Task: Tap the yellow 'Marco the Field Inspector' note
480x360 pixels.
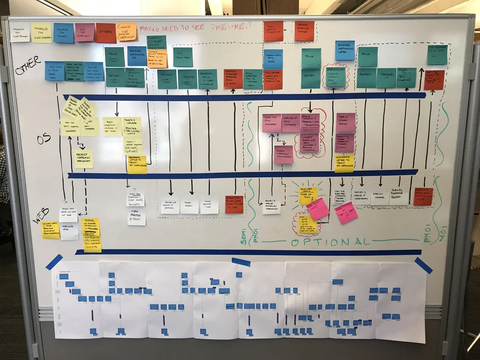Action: coord(41,33)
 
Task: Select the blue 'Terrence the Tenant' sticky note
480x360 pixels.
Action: coord(63,33)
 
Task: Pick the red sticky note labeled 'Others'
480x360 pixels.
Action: coord(106,33)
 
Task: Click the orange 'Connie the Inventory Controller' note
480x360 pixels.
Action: coord(126,32)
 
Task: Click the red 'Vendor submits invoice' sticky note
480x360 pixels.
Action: coord(304,31)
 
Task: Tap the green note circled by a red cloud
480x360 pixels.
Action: coord(335,76)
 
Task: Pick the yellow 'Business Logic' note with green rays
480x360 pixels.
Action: coord(308,195)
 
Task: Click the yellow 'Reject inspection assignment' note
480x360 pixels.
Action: coord(84,158)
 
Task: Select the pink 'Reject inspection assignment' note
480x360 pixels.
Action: coord(284,154)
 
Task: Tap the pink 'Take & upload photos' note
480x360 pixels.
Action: coord(346,122)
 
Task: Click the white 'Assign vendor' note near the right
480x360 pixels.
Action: coord(379,196)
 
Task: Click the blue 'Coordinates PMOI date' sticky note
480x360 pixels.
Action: coord(273,59)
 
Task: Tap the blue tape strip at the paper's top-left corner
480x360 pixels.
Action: coord(54,262)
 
